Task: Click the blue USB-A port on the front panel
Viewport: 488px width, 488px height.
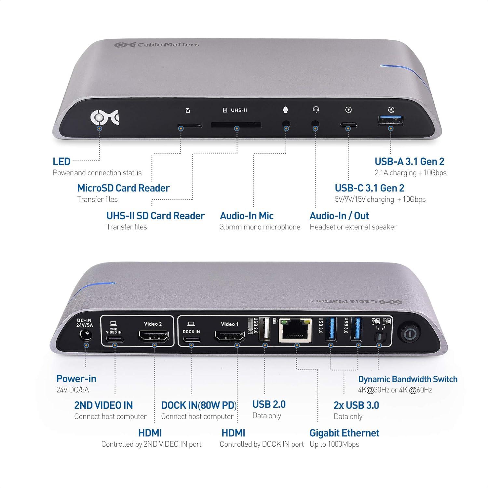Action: tap(391, 121)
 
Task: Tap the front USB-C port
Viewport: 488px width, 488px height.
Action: tap(348, 125)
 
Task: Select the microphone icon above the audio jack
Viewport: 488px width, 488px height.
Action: tap(285, 110)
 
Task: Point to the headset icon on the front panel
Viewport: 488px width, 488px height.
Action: tap(316, 110)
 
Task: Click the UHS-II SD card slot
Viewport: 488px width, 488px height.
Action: tap(236, 125)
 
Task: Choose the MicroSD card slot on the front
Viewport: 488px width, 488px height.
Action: tap(189, 125)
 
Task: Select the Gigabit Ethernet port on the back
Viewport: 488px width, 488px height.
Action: tap(295, 331)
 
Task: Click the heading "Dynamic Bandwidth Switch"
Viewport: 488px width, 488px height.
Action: tap(408, 379)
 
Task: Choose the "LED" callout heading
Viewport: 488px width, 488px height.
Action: tap(61, 161)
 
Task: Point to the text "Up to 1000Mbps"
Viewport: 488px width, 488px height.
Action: tap(334, 444)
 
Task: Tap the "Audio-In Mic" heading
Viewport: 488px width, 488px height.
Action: tap(247, 216)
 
